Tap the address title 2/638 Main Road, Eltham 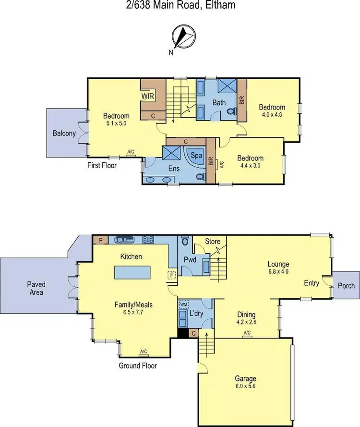pos(180,6)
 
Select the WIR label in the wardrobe pos(146,96)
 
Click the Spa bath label pos(196,156)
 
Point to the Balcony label pos(64,134)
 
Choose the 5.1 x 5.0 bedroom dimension pos(116,123)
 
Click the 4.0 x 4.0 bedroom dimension pos(272,115)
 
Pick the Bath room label pos(219,102)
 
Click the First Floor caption pos(102,165)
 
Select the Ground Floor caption pos(137,366)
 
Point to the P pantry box pos(101,240)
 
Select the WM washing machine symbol pos(183,305)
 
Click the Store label pos(212,241)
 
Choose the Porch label pos(346,286)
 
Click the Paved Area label pos(36,288)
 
